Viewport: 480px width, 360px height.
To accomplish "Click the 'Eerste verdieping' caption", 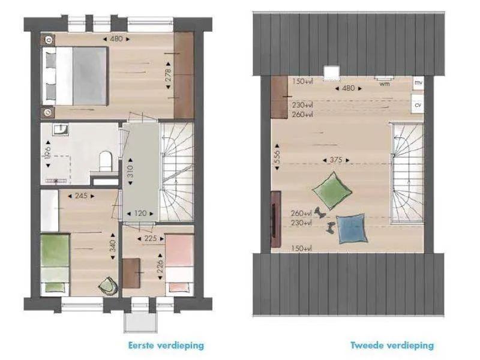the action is coord(166,346).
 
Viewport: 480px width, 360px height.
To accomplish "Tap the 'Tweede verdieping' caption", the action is coord(392,346).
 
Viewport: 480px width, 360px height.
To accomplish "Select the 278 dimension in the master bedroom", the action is coord(168,76).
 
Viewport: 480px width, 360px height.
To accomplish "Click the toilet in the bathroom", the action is coord(106,160).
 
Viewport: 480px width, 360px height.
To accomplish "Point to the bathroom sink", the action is coord(61,130).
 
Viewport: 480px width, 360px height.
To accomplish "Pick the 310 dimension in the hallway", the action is coord(130,172).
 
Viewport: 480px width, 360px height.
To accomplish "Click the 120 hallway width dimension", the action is coord(140,214).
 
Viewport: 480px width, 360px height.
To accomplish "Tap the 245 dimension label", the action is coord(81,196).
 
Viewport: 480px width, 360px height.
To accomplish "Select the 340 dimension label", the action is coord(113,247).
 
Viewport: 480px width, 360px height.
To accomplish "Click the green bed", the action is coord(55,263).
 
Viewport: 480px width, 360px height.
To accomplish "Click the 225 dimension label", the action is coord(151,238).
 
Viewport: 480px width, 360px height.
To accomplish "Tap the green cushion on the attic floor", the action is coord(332,191).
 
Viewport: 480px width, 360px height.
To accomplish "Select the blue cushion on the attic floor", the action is coord(352,229).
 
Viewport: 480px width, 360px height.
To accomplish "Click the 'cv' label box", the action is coord(418,104).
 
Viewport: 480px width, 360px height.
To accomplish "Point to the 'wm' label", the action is coord(385,83).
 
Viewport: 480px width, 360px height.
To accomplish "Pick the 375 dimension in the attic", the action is coord(336,160).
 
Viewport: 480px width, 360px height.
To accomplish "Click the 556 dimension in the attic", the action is coord(277,156).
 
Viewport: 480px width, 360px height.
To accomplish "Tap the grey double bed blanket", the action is coord(89,76).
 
